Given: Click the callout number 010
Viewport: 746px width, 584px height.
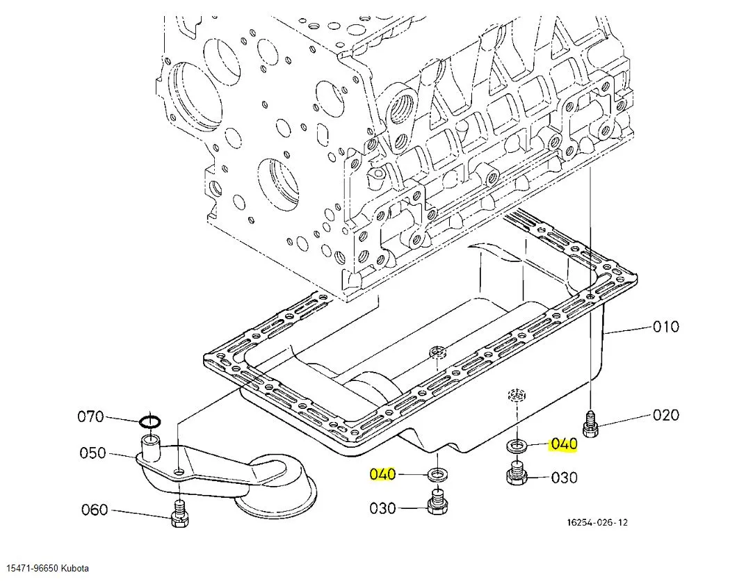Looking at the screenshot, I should tap(665, 327).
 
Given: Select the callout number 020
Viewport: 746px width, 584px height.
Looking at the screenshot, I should tap(665, 415).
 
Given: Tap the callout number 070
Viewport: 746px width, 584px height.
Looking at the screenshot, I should tap(90, 417).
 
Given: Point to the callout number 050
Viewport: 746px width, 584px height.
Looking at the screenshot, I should tap(92, 453).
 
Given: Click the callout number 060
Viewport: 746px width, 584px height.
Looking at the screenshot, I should tap(95, 510).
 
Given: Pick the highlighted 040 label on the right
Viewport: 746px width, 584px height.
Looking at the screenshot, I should tap(564, 444).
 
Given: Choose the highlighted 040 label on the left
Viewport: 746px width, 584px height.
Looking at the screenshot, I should tap(382, 474).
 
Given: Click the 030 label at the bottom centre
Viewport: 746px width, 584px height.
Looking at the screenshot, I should tap(382, 508).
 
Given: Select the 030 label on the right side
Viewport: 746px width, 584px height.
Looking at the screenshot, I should tap(564, 478).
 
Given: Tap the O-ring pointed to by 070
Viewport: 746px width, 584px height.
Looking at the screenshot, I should tap(151, 421).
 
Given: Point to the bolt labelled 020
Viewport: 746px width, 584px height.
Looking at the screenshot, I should tap(590, 424).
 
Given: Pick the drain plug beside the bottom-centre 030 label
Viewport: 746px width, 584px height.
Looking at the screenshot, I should tap(437, 503).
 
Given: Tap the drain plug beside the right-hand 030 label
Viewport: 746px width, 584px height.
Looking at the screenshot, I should tap(516, 475).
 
